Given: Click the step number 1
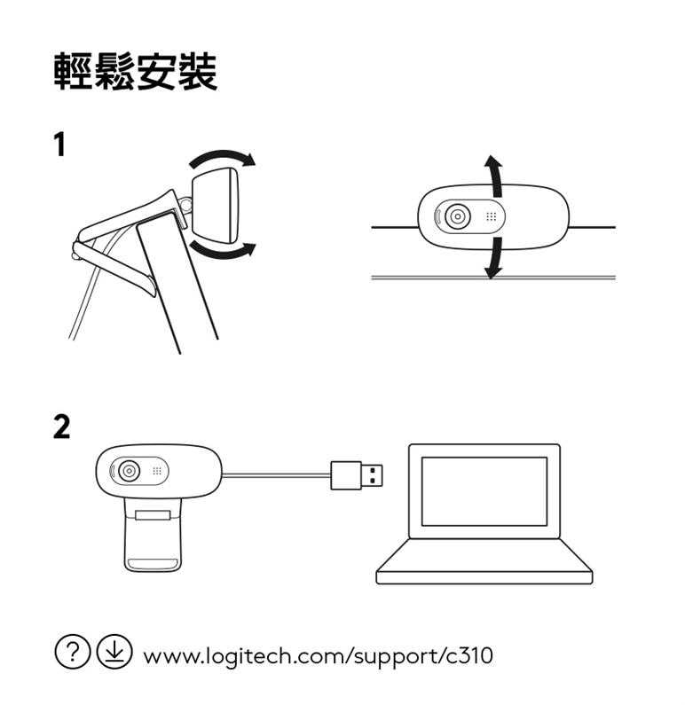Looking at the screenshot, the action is tap(60, 145).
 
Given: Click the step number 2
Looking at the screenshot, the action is tap(61, 427).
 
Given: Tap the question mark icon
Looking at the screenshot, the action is tap(72, 652).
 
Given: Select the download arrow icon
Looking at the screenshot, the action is tap(114, 652).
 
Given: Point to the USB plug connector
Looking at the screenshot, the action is tap(357, 475).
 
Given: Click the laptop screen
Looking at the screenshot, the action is tap(484, 491).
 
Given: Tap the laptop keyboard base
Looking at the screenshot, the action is tap(484, 562).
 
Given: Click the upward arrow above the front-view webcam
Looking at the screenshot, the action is tap(494, 176).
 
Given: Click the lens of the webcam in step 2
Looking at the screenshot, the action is tap(129, 471).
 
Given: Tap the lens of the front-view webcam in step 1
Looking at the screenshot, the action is tap(458, 216).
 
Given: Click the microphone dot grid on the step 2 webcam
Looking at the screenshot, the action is tap(156, 471).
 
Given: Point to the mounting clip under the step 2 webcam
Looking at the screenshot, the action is tap(153, 535).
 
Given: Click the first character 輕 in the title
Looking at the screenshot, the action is tap(74, 71).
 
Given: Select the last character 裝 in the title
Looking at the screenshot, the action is tap(197, 71).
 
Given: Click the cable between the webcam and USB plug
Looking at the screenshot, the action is tap(276, 474).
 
